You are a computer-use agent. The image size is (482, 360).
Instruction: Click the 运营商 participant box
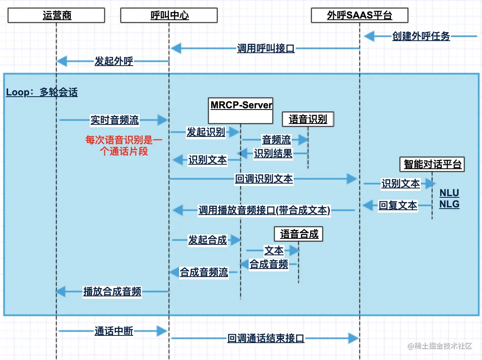click(56, 15)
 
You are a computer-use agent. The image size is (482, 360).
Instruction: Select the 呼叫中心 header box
click(169, 15)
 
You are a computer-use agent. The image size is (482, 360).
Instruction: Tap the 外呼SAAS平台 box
click(360, 15)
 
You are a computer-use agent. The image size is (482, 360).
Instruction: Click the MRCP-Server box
click(241, 111)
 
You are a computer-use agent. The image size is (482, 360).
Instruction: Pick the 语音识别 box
click(308, 119)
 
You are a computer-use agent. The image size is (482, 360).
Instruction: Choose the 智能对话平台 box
click(432, 164)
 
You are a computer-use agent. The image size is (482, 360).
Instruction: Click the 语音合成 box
click(299, 234)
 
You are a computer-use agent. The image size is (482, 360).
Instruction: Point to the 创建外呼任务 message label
click(421, 36)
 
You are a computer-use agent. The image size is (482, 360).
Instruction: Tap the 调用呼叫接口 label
click(266, 48)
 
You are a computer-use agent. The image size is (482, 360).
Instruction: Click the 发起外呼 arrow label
click(114, 61)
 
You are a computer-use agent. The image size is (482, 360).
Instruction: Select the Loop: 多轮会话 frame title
click(42, 92)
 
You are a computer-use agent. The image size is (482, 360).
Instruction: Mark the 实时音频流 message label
click(115, 120)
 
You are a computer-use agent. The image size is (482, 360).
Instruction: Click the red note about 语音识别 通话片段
click(124, 145)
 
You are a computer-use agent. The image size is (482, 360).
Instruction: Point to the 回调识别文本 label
click(264, 179)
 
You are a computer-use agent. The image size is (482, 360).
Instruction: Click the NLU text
click(449, 193)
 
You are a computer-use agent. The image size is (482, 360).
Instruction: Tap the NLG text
click(449, 204)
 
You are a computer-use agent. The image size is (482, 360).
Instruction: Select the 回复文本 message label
click(398, 205)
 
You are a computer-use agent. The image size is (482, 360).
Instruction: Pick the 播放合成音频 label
click(112, 292)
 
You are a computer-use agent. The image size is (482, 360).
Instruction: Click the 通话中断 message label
click(114, 331)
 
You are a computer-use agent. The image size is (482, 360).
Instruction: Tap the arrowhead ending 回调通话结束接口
click(354, 339)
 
